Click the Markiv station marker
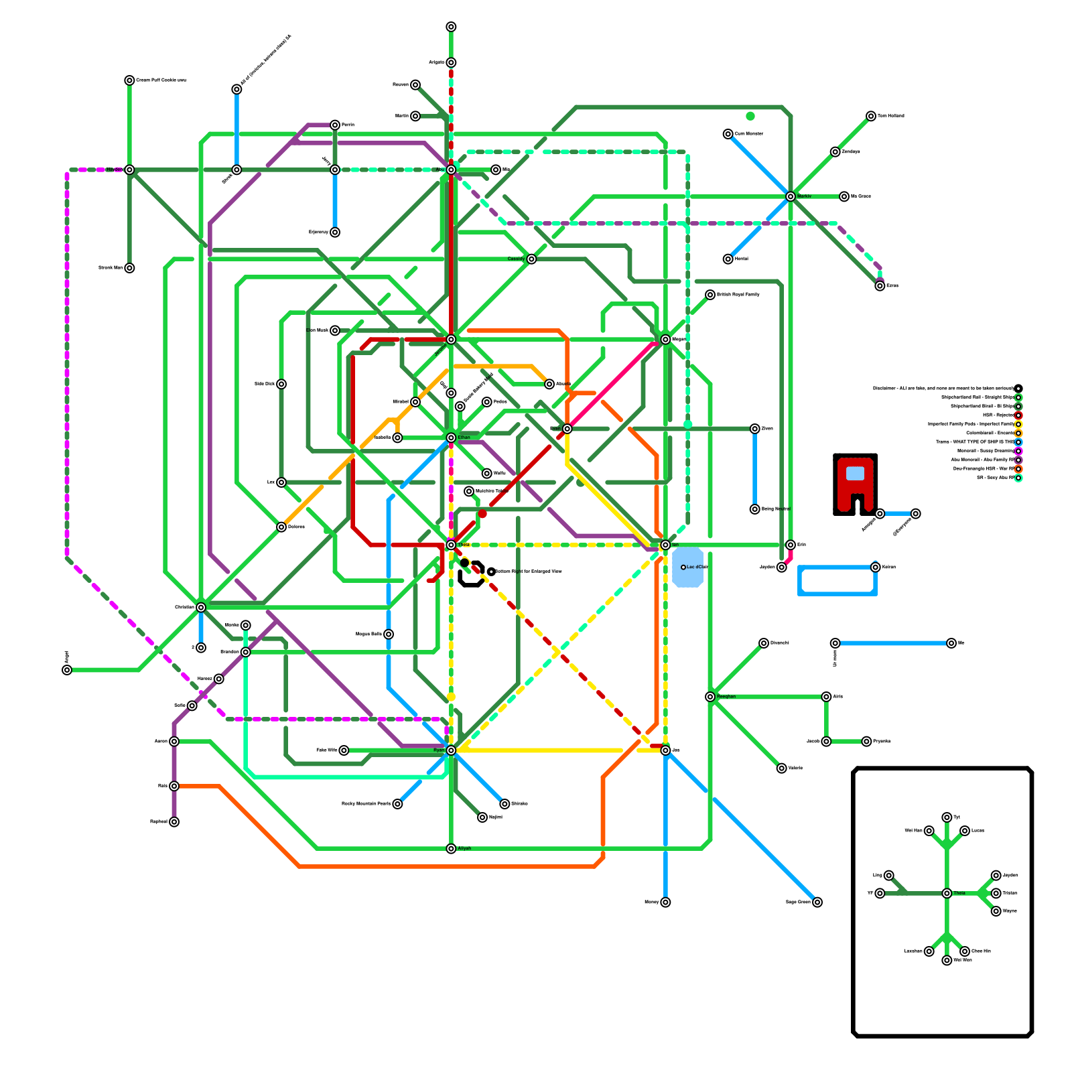pos(791,196)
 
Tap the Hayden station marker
pos(129,170)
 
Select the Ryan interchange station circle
pos(451,750)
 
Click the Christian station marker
pos(201,608)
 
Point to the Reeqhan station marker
pos(710,697)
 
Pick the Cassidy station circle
pos(531,259)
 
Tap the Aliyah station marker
pos(451,849)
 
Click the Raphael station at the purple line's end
pos(174,822)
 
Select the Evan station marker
pos(567,429)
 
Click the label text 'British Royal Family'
pos(738,295)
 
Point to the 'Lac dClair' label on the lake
pos(697,567)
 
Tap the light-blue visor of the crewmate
pos(855,473)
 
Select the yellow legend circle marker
pos(1018,424)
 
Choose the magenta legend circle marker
pos(1018,451)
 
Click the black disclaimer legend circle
pos(1018,389)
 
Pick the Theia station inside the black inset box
pos(947,893)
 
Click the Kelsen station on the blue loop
pos(876,567)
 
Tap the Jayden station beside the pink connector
pos(781,567)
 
